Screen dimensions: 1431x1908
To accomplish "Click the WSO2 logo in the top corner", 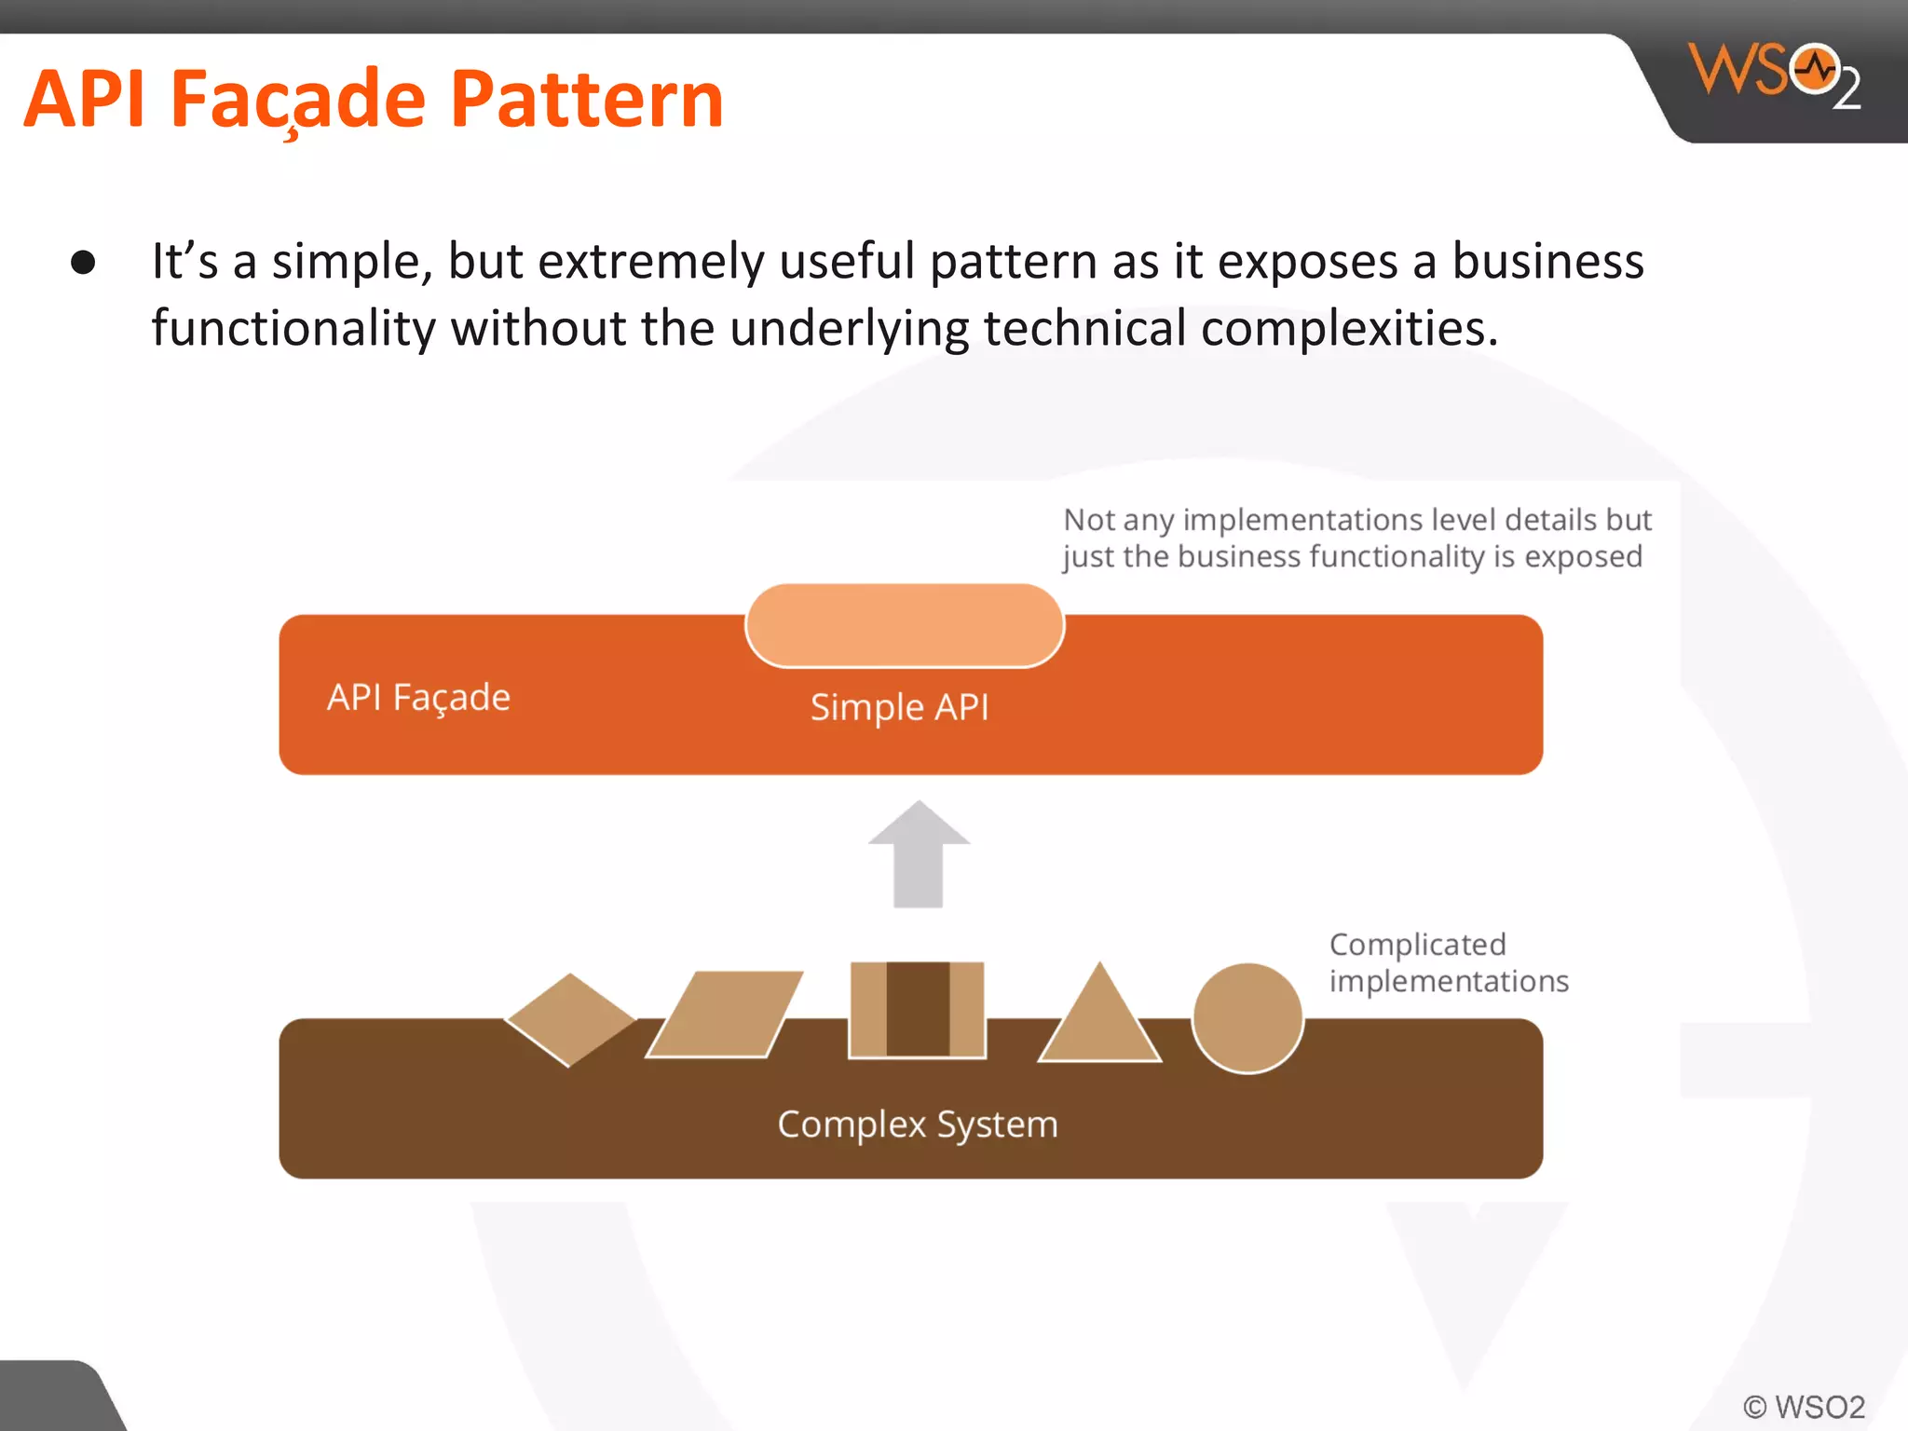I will tap(1773, 75).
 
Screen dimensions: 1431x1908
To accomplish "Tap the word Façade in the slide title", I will tap(298, 101).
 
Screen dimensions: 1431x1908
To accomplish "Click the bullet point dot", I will tap(83, 263).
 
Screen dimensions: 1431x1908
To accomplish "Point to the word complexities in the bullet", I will tap(1349, 328).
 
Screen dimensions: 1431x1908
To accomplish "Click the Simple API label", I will tap(899, 707).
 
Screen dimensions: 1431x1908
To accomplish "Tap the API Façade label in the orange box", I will tap(418, 698).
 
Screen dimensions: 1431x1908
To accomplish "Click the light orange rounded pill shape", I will tap(904, 625).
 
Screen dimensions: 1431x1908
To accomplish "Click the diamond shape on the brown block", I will tap(570, 1019).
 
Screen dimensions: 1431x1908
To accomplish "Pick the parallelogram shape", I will tap(725, 1015).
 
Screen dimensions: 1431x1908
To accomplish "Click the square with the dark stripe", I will tap(917, 1009).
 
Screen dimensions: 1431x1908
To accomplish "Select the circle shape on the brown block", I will tap(1247, 1018).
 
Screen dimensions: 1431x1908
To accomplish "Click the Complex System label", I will tap(918, 1124).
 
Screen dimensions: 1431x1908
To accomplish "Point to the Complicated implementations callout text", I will tap(1448, 962).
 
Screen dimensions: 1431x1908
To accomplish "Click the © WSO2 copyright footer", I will tap(1804, 1406).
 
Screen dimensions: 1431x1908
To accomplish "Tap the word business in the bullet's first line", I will tap(1547, 261).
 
